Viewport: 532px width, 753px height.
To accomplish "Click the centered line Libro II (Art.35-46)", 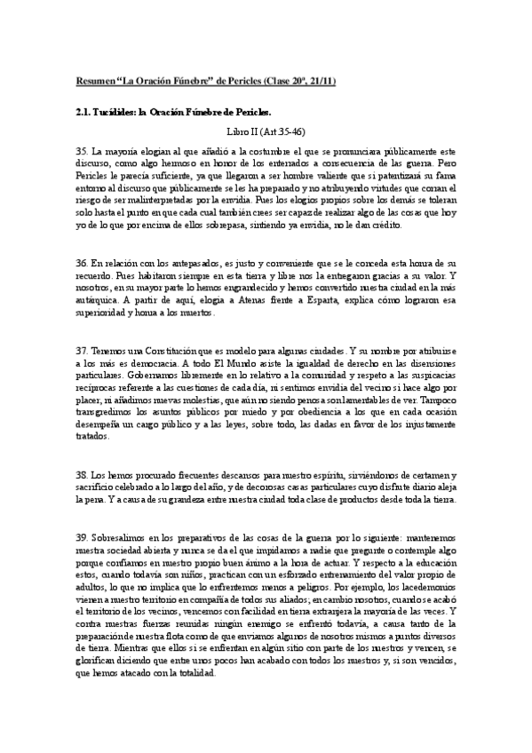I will [x=266, y=131].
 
